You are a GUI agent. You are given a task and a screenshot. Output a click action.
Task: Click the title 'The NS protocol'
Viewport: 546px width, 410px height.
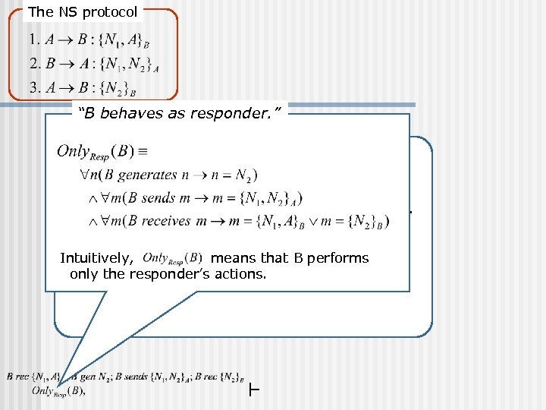pyautogui.click(x=83, y=12)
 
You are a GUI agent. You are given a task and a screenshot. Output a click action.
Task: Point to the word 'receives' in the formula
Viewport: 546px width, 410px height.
pyautogui.click(x=183, y=221)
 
